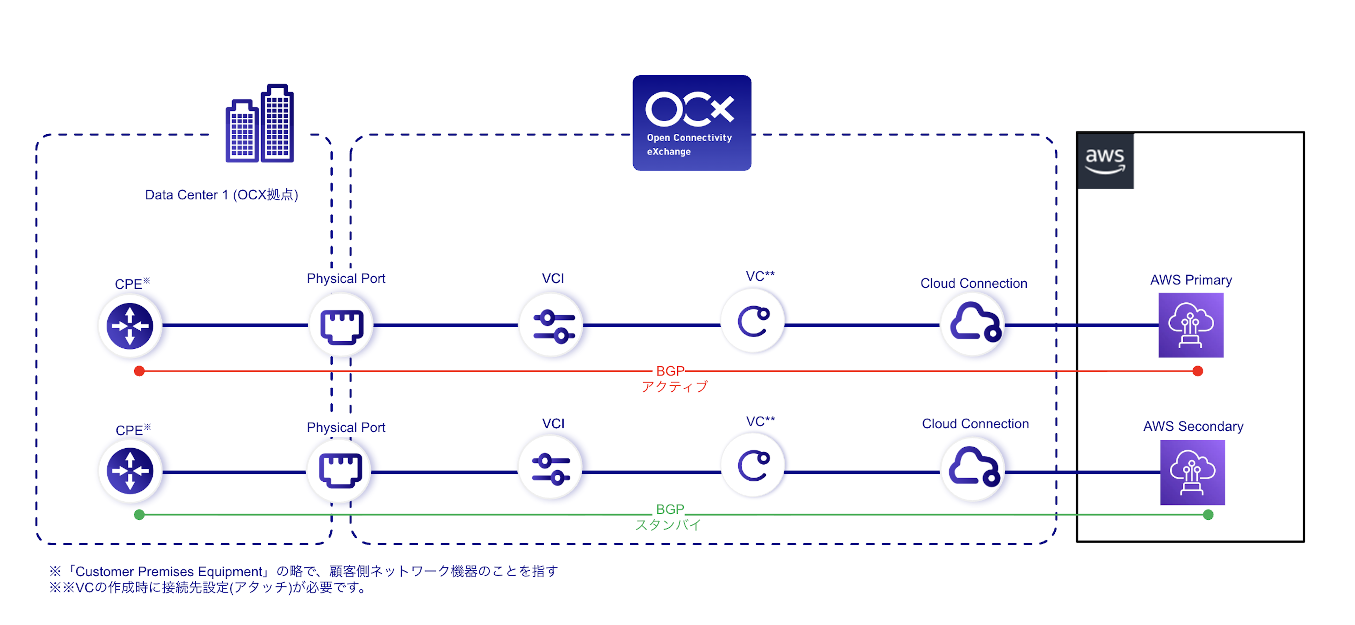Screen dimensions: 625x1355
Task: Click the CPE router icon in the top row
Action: [x=130, y=326]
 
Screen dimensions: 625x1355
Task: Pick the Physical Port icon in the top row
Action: [x=341, y=326]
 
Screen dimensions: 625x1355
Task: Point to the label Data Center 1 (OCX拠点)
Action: [x=221, y=195]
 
